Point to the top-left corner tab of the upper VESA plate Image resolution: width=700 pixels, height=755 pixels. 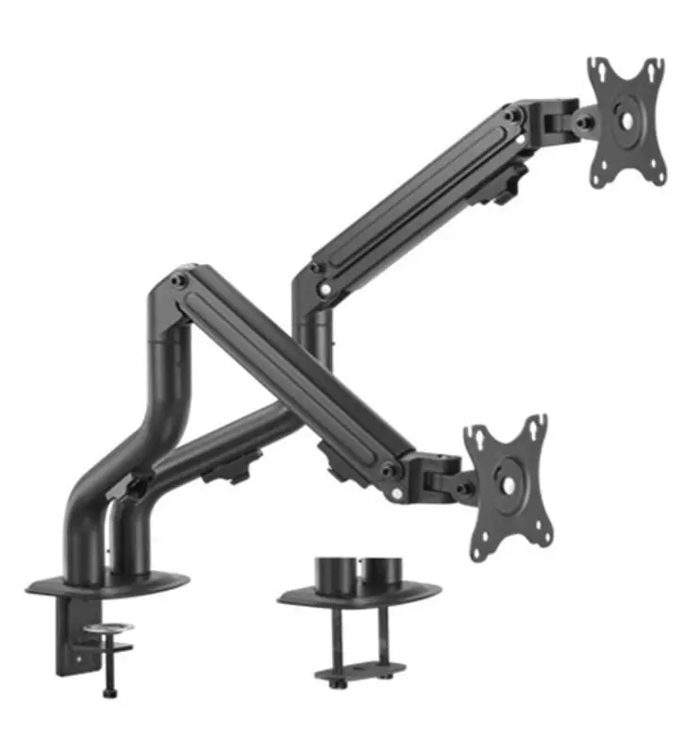coord(596,69)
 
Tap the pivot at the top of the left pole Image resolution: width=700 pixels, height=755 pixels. coord(179,280)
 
